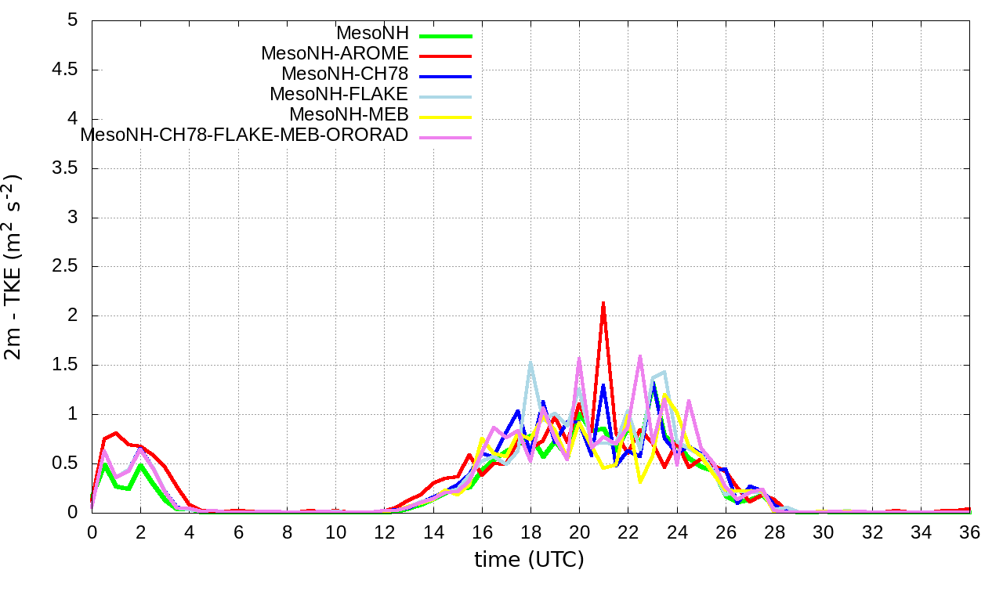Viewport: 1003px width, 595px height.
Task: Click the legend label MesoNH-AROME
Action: point(335,53)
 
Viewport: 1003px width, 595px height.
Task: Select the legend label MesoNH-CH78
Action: point(345,74)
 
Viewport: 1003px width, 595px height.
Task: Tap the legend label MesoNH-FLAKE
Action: point(339,94)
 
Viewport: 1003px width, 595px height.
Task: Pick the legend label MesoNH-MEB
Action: point(349,114)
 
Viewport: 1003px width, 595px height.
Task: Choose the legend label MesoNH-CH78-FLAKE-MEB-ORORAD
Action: point(244,135)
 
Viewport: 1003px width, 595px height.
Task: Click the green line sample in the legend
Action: point(446,36)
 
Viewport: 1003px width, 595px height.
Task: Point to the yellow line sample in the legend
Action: point(446,117)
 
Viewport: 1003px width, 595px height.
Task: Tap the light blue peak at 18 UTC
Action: point(530,363)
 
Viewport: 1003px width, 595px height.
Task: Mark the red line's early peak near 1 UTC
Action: point(116,432)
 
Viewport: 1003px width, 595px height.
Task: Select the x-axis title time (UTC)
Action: point(530,560)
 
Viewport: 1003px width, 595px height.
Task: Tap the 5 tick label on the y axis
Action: point(73,20)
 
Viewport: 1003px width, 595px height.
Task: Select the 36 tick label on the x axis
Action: point(970,532)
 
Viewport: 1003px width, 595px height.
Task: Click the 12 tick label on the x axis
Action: point(385,532)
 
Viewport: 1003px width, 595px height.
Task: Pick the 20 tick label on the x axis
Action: point(580,532)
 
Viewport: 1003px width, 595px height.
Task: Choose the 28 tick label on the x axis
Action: point(775,532)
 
